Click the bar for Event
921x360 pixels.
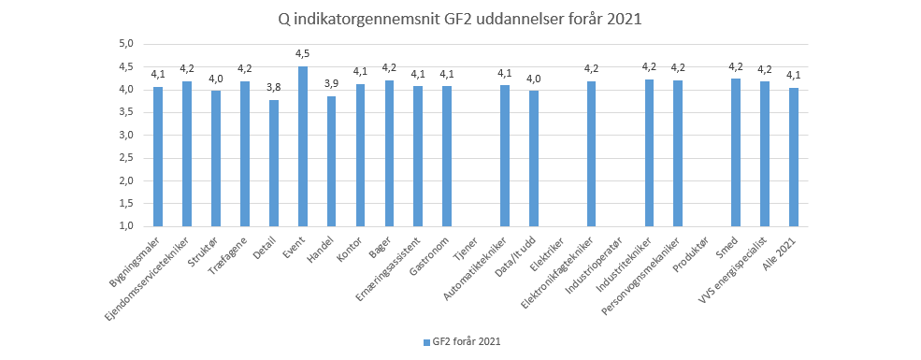click(302, 147)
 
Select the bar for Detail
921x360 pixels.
click(274, 163)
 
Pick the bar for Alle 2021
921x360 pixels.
click(793, 157)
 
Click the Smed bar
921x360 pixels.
click(736, 152)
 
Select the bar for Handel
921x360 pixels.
click(331, 161)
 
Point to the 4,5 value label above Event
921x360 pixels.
click(302, 53)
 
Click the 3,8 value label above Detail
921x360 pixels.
click(274, 87)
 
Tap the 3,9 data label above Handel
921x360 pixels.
click(331, 83)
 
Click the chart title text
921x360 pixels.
click(460, 19)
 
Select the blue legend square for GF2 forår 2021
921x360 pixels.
click(426, 342)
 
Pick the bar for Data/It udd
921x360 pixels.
click(534, 158)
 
